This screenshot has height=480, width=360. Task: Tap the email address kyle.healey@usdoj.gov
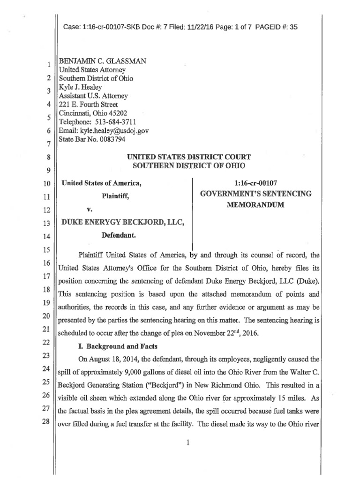pos(115,131)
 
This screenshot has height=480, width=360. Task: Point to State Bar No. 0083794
pos(91,139)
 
